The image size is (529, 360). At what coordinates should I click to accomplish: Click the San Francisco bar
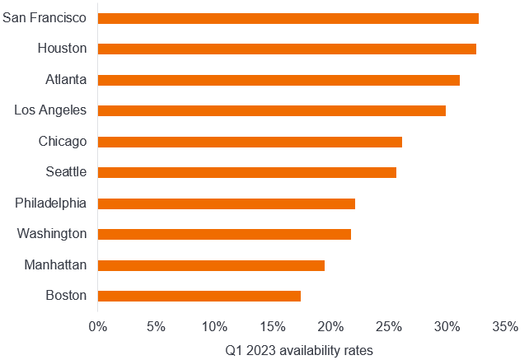pos(288,18)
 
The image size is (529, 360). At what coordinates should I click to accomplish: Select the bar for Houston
pos(287,49)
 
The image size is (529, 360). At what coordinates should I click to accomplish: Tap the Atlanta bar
pos(279,80)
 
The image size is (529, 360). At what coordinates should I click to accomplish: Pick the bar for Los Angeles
pos(272,110)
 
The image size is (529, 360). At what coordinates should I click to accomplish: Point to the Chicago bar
pos(250,142)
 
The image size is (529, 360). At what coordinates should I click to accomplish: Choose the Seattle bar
pos(247,172)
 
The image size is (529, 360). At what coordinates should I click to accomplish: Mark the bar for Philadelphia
pos(227,203)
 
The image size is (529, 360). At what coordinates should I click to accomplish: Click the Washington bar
pos(224,234)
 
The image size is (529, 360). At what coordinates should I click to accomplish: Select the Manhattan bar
pos(211,265)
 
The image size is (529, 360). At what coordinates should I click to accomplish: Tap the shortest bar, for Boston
pos(199,296)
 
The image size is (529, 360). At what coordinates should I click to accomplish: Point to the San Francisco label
pos(45,18)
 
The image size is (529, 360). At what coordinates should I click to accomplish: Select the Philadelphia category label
pos(51,203)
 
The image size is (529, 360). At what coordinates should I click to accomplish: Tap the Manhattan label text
pos(56,265)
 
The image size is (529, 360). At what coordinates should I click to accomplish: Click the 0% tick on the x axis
pos(98,326)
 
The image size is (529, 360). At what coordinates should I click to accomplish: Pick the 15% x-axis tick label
pos(273,326)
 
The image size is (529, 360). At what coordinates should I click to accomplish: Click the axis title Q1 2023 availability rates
pos(299,351)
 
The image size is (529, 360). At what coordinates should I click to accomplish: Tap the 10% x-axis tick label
pos(214,326)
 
